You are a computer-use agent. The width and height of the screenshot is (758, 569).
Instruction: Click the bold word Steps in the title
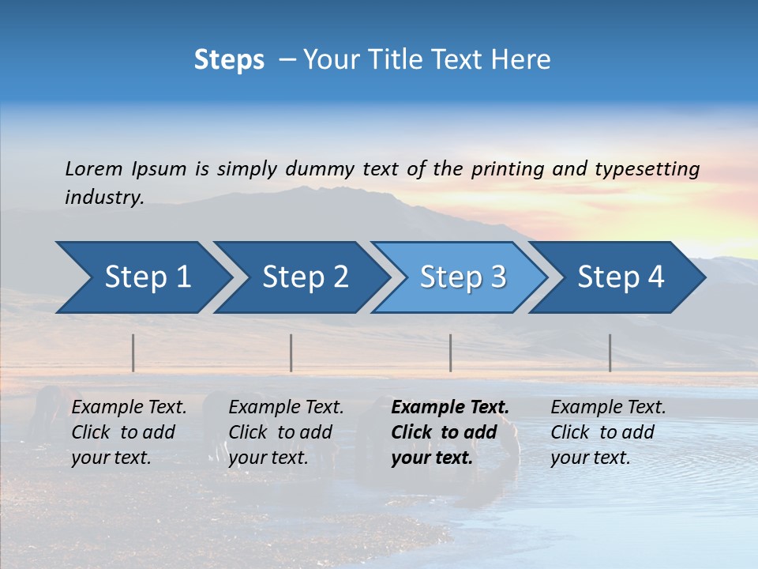(x=229, y=60)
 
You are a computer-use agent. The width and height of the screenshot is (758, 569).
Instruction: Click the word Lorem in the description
(x=94, y=168)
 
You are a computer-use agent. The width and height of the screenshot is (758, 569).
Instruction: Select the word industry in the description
(x=103, y=198)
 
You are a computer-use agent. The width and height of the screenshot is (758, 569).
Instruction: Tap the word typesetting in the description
(x=647, y=169)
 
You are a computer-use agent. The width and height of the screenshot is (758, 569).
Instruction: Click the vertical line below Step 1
(x=133, y=352)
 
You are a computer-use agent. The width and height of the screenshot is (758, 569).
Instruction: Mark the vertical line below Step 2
(x=291, y=352)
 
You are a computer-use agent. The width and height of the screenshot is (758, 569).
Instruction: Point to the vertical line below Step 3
(x=451, y=352)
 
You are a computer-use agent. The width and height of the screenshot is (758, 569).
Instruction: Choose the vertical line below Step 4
(x=610, y=352)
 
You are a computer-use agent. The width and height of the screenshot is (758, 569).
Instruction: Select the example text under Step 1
(x=129, y=432)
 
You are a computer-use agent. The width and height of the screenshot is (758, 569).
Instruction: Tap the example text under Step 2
(x=286, y=432)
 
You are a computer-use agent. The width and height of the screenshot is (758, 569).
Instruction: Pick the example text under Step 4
(x=608, y=432)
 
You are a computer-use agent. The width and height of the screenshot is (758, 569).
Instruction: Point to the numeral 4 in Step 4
(x=655, y=277)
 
